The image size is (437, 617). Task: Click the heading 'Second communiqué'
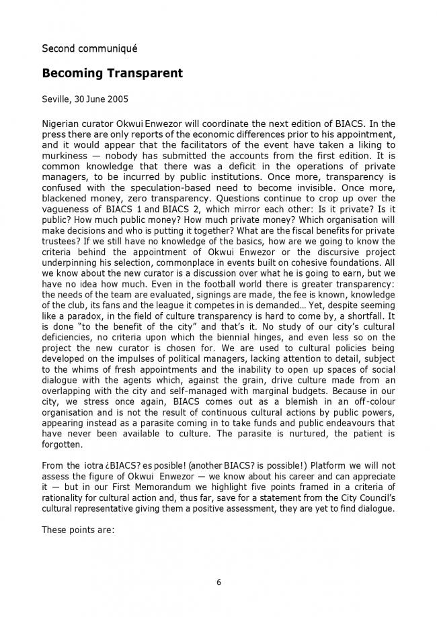click(x=89, y=48)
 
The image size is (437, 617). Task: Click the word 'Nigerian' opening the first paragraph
click(x=63, y=124)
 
